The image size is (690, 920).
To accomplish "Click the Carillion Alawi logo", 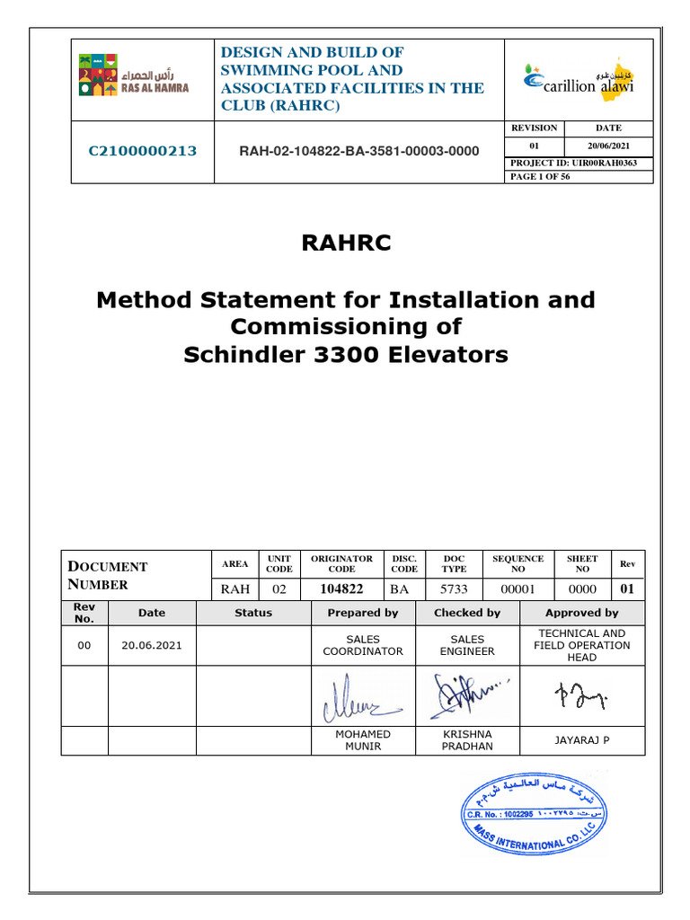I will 579,79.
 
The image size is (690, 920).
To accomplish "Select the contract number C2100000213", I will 142,151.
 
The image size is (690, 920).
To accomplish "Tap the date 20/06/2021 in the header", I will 607,146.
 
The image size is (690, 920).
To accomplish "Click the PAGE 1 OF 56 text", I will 540,177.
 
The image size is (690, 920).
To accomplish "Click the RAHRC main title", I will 345,243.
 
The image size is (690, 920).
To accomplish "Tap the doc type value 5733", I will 455,589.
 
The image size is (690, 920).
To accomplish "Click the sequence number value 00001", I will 517,589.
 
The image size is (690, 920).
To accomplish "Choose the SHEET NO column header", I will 581,563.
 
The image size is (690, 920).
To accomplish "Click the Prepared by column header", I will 363,613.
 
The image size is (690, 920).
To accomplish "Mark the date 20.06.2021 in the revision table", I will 152,645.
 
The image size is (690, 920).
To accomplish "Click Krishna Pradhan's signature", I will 465,694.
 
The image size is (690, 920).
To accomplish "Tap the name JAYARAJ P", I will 581,740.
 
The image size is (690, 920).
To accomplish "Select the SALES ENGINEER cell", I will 467,645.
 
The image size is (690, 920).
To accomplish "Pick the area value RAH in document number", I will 234,589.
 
